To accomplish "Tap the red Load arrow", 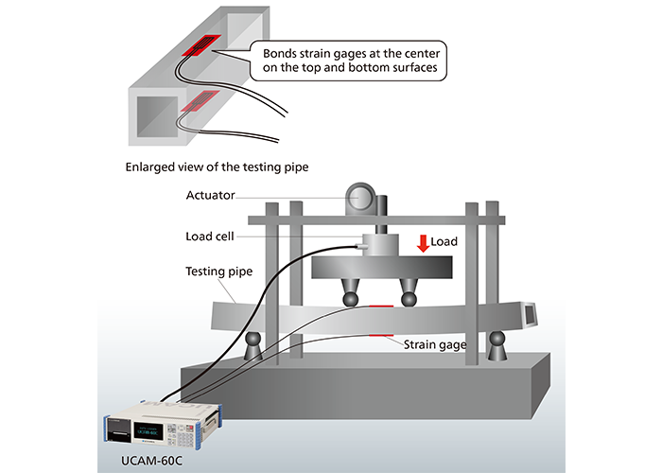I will pyautogui.click(x=422, y=243).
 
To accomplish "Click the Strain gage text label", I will pyautogui.click(x=435, y=346).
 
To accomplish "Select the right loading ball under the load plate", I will pyautogui.click(x=409, y=300).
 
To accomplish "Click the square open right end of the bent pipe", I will pyautogui.click(x=531, y=313).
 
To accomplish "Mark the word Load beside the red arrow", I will pyautogui.click(x=444, y=242).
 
